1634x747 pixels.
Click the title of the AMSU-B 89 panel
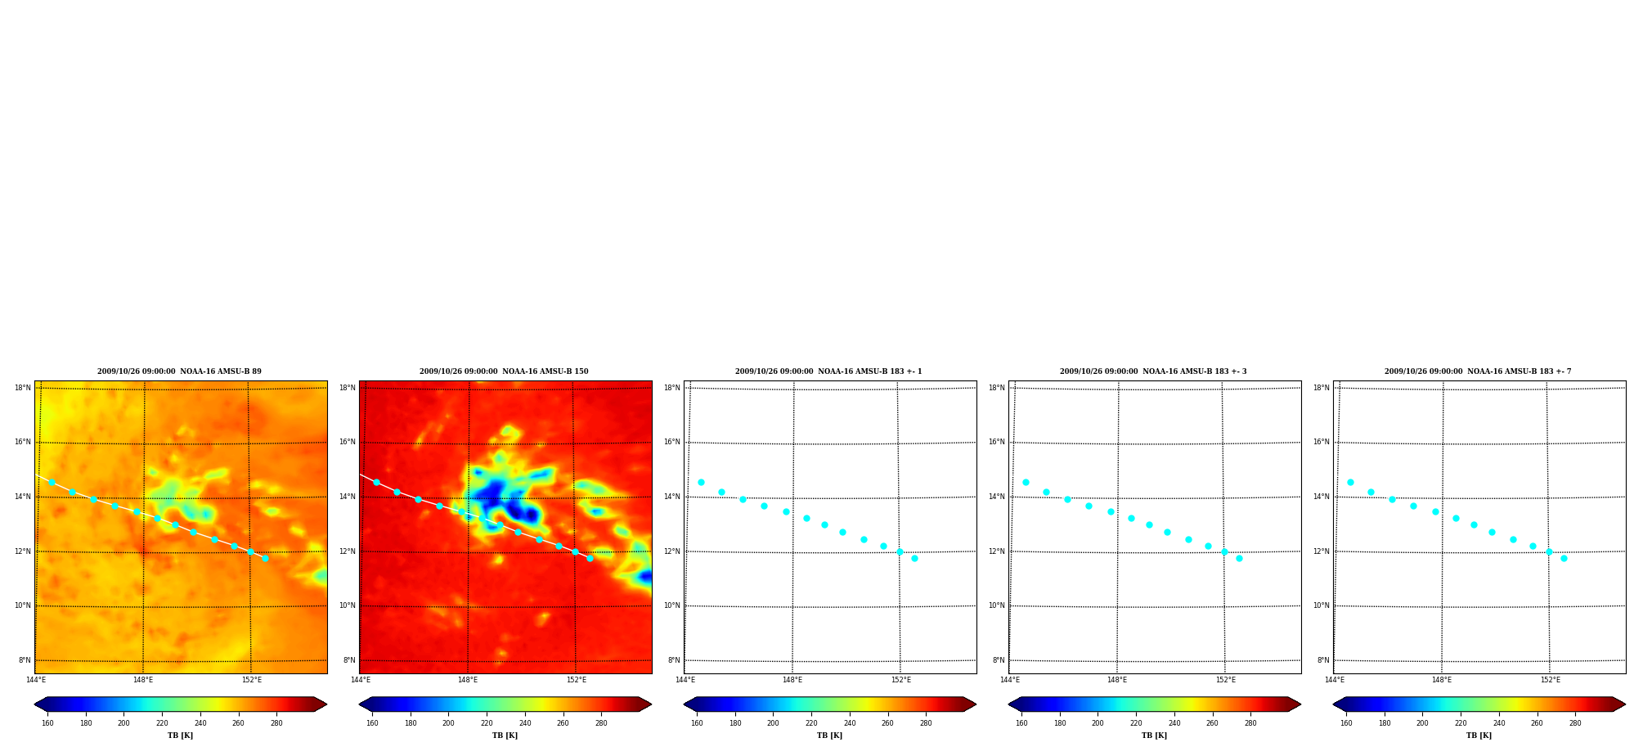coord(179,371)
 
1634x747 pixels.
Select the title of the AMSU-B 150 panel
coord(504,371)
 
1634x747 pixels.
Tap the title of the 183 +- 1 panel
coord(828,371)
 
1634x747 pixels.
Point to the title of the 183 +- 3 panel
coord(1153,371)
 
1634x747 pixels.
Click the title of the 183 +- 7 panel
coord(1478,371)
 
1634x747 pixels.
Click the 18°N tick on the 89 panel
coord(23,388)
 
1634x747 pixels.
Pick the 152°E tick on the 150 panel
coord(577,680)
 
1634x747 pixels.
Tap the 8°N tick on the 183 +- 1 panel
coord(674,660)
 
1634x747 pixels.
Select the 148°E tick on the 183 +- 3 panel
coord(1117,680)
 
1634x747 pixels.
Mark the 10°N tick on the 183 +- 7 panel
coord(1322,605)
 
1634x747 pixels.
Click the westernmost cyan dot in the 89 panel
coord(52,482)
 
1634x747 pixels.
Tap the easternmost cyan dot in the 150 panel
coord(590,558)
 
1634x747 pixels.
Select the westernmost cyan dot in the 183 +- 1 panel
coord(701,482)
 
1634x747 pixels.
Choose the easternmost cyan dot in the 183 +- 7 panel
coord(1564,558)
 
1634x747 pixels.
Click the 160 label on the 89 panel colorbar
coord(47,723)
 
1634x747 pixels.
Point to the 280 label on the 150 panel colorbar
coord(601,723)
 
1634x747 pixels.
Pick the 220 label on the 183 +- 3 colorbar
coord(1136,723)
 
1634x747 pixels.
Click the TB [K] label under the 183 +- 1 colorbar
coord(829,736)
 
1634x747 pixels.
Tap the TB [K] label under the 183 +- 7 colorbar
coord(1479,736)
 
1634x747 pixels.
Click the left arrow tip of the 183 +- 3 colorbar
coord(1008,704)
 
